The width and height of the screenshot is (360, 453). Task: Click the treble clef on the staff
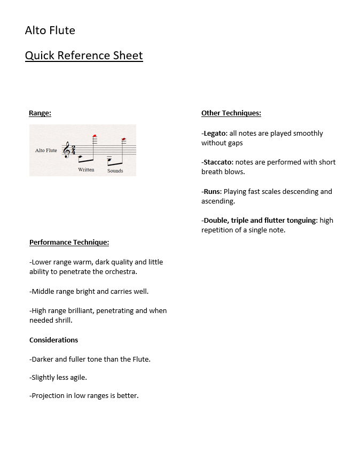point(66,151)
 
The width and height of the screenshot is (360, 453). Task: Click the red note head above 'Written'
point(95,136)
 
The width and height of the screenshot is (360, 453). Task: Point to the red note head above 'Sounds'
point(123,140)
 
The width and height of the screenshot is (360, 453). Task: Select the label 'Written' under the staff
point(86,170)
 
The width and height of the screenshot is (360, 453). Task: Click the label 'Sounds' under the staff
point(115,171)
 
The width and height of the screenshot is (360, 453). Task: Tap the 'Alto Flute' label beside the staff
point(46,151)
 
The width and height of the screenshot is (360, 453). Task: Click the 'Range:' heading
point(40,113)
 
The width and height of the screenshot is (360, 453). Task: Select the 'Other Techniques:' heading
point(231,113)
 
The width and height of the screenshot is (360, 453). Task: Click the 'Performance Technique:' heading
point(69,243)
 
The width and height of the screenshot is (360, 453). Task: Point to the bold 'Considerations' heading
point(53,340)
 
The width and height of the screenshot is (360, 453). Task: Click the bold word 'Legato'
point(215,134)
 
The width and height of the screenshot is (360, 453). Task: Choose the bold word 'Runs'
point(212,191)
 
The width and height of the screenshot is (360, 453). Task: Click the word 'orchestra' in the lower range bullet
point(119,272)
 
